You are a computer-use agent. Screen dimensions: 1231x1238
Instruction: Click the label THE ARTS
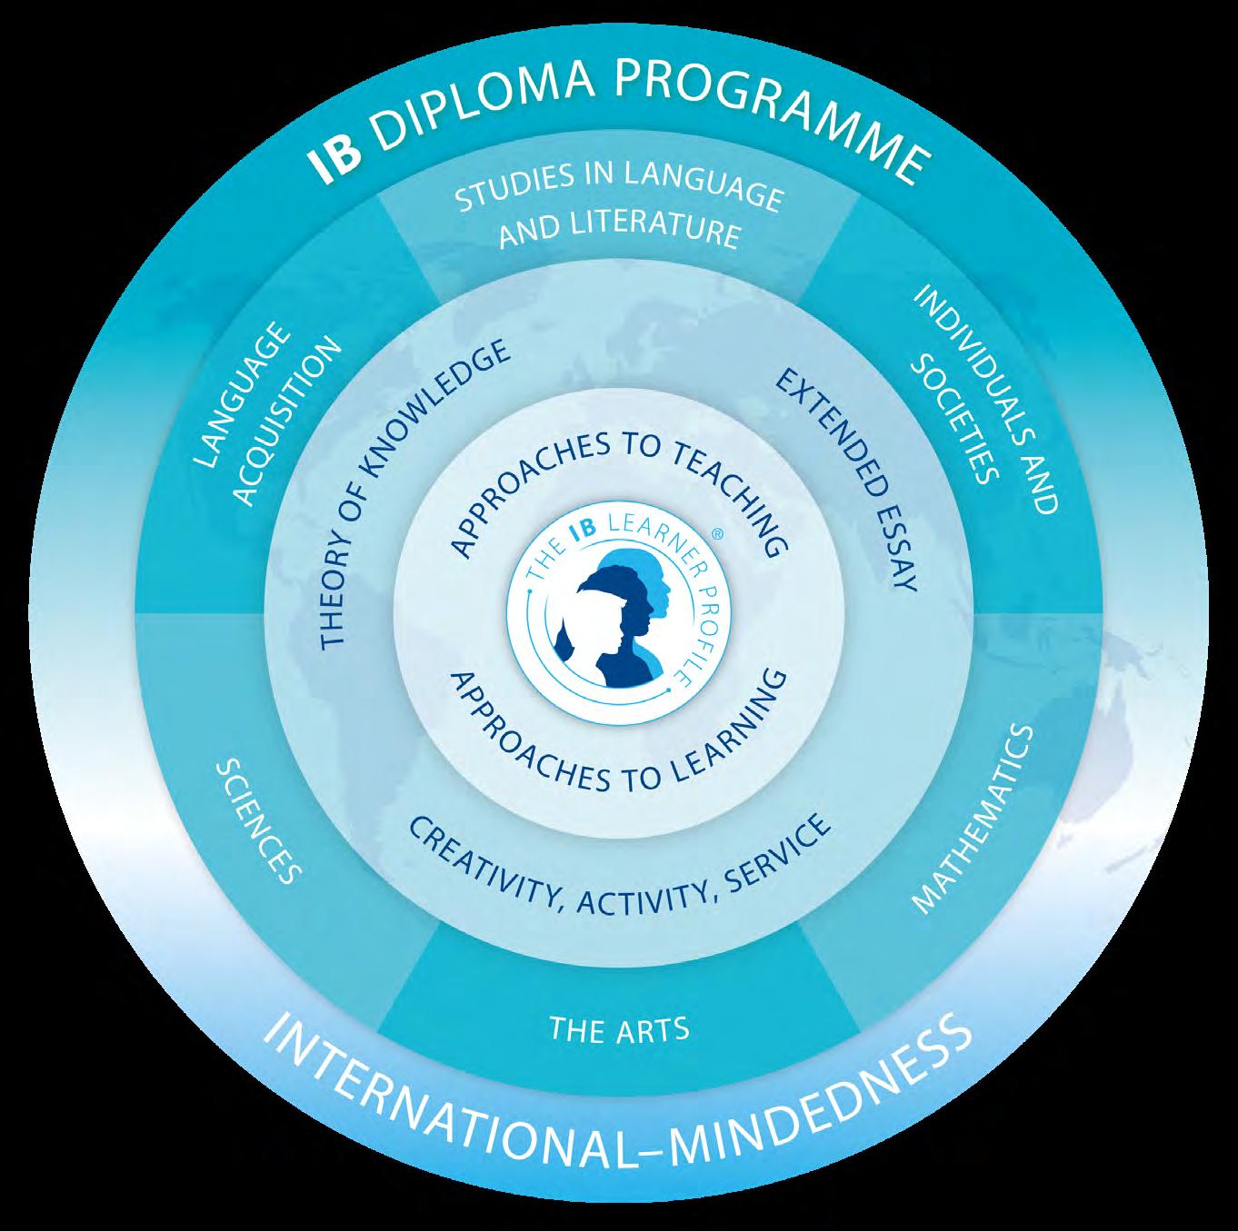click(x=619, y=1029)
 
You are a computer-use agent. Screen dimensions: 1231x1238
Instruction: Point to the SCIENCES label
click(x=257, y=822)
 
